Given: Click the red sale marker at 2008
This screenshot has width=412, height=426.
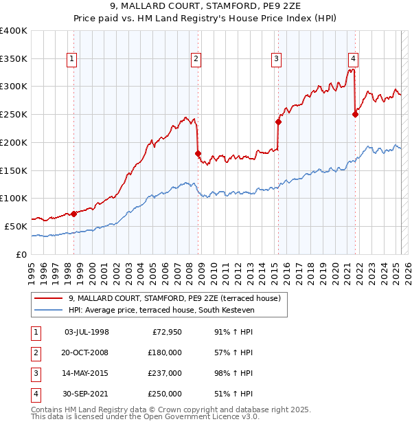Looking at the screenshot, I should [x=198, y=153].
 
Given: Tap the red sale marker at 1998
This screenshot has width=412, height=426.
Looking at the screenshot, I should [x=73, y=214].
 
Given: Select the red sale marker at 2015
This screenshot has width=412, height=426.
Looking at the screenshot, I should [x=278, y=122].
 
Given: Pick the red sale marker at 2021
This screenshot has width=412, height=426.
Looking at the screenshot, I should [x=355, y=115].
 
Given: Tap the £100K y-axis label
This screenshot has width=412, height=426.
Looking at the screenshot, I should [x=14, y=199].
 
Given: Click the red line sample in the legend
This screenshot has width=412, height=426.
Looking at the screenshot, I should [x=48, y=299].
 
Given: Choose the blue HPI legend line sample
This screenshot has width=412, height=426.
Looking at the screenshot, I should [x=48, y=311].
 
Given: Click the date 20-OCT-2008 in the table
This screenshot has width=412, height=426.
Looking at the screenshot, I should [x=87, y=352].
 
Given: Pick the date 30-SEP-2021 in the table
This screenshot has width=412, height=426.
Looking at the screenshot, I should [x=87, y=394].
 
